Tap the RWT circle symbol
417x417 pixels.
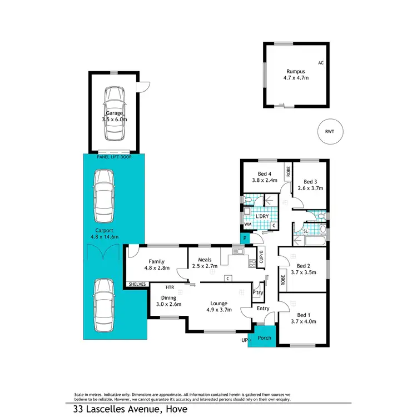(x=330, y=132)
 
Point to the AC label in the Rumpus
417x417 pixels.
(x=321, y=63)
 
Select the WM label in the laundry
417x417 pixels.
(x=247, y=224)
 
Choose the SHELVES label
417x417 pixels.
(x=137, y=284)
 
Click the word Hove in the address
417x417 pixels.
(x=175, y=409)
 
